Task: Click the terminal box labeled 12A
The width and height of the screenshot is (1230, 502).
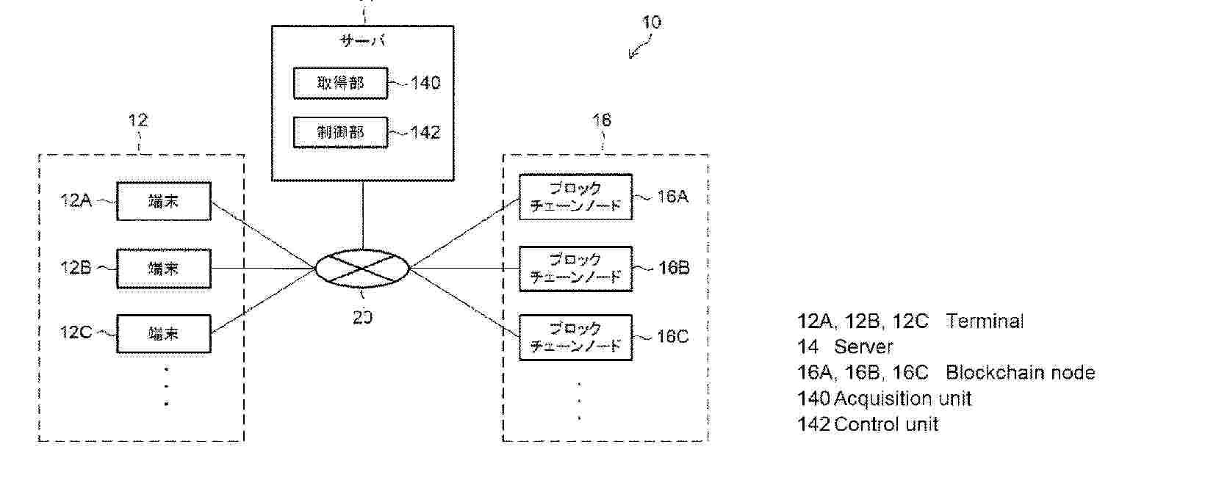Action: pyautogui.click(x=163, y=201)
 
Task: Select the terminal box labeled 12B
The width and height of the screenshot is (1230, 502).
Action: pyautogui.click(x=163, y=268)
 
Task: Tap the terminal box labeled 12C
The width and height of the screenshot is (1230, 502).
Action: pyautogui.click(x=163, y=334)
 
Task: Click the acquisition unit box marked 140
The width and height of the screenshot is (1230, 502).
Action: pyautogui.click(x=340, y=83)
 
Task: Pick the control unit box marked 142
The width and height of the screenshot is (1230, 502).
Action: pyautogui.click(x=340, y=132)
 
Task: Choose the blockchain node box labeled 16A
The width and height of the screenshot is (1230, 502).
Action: pyautogui.click(x=575, y=197)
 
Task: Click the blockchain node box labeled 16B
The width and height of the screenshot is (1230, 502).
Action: pyautogui.click(x=575, y=269)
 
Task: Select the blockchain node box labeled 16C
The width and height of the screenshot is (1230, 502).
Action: pyautogui.click(x=575, y=337)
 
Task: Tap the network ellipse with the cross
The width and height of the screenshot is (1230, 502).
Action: pyautogui.click(x=362, y=269)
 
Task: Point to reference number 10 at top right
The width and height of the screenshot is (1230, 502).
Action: pyautogui.click(x=652, y=23)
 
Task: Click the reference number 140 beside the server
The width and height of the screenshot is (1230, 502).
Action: pyautogui.click(x=425, y=83)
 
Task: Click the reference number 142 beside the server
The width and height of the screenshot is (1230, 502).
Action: pyautogui.click(x=425, y=133)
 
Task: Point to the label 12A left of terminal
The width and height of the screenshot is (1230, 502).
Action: pyautogui.click(x=76, y=200)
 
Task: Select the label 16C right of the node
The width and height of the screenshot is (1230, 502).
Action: pyautogui.click(x=673, y=337)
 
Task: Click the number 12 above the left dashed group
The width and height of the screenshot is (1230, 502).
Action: pyautogui.click(x=138, y=120)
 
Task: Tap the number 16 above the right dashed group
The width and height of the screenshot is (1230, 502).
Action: pyautogui.click(x=602, y=120)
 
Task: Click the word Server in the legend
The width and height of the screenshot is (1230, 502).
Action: pyautogui.click(x=863, y=347)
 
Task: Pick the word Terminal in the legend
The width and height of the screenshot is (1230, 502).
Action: pyautogui.click(x=985, y=321)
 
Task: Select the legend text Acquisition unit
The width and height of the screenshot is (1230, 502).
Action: pyautogui.click(x=903, y=399)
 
